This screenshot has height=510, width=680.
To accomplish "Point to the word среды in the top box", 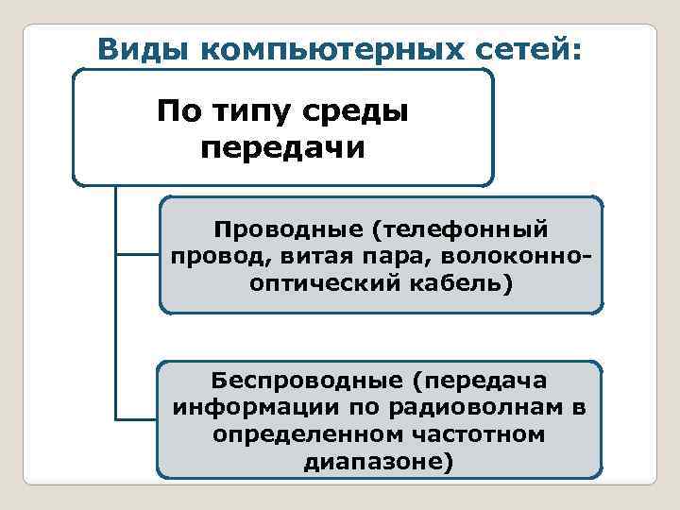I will (360, 114).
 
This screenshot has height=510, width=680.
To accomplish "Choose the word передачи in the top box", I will (282, 148).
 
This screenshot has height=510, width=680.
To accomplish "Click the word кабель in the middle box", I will (464, 284).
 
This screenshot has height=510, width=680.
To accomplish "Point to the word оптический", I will (326, 284).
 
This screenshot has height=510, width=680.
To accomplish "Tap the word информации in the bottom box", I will (243, 408).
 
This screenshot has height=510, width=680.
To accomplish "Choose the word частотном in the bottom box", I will (476, 435).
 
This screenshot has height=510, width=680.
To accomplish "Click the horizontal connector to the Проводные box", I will (138, 253).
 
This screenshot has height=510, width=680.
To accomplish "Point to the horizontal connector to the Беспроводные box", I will (136, 418).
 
